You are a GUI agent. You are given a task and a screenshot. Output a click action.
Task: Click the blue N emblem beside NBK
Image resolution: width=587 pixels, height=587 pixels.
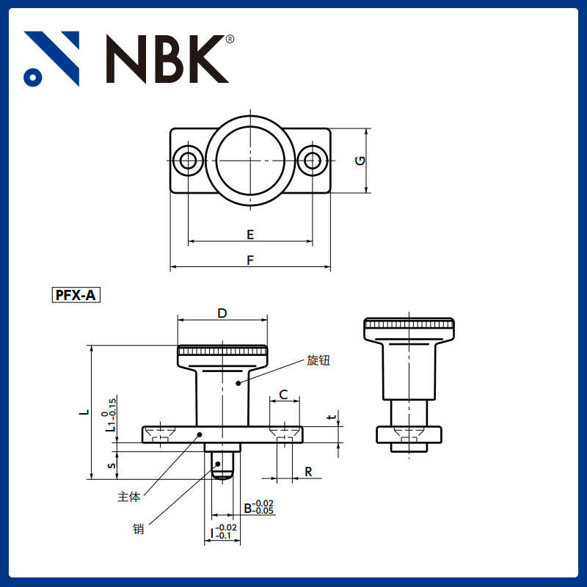coord(51,59)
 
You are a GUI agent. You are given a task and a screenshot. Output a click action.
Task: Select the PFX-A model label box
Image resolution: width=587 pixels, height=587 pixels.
coord(76,296)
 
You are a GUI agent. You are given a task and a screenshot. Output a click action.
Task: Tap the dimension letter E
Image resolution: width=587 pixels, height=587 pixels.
coord(250,235)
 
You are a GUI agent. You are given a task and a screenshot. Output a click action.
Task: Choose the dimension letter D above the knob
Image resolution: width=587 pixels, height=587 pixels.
coord(222,313)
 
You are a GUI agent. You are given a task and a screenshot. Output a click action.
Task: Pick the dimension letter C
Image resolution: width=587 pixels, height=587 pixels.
coord(284,395)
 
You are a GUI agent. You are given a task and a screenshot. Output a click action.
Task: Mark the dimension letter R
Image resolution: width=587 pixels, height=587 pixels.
coord(309,472)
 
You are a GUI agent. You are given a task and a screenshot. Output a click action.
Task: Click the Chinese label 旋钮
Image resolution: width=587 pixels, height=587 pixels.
coord(318,360)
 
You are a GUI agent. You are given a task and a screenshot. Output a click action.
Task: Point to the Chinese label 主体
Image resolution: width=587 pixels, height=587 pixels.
coord(128,497)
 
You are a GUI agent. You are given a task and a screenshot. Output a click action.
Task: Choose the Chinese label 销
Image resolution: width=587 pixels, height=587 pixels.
coord(138,528)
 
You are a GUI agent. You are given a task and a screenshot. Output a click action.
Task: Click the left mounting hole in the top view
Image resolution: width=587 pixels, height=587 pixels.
coord(189,161)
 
